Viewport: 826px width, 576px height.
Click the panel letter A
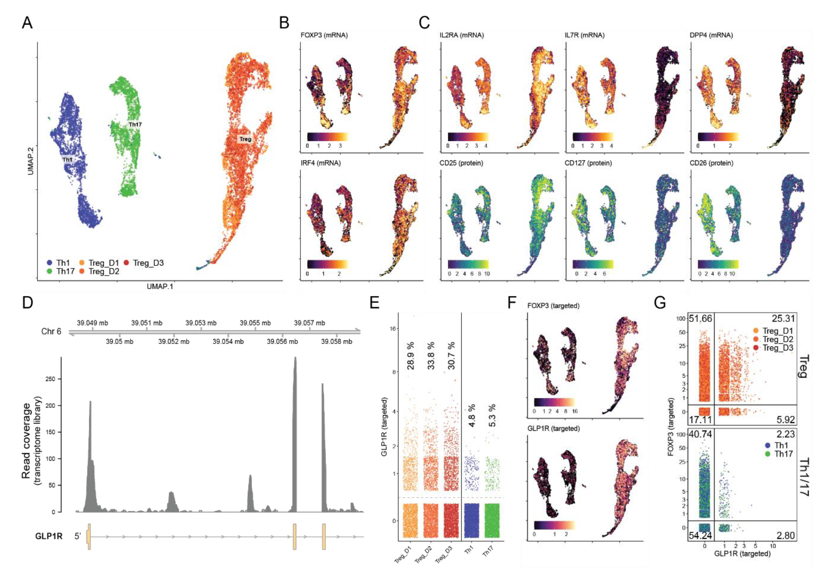coord(27,23)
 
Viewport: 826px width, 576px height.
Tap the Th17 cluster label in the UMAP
coord(135,124)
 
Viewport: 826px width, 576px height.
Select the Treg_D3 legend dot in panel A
coord(126,263)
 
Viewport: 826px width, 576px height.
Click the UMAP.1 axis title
coord(160,286)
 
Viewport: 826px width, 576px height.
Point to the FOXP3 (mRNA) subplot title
coord(324,35)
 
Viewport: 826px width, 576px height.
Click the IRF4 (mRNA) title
coord(321,163)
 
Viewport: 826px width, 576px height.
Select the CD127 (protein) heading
coord(588,163)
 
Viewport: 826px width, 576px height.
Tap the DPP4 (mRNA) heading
coord(711,35)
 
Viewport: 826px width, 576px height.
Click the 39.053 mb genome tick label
coord(201,323)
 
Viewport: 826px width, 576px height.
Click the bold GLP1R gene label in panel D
coord(49,536)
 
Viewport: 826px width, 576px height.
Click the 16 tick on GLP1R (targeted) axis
coord(393,329)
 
